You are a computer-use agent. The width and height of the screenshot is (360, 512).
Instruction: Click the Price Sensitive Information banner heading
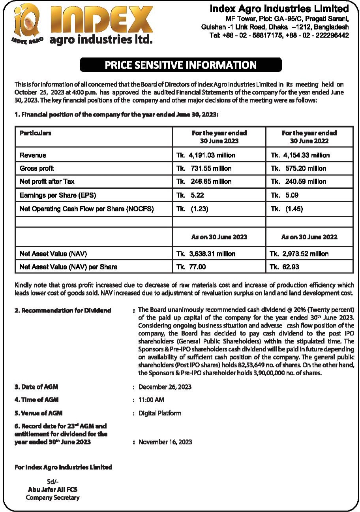pyautogui.click(x=180, y=65)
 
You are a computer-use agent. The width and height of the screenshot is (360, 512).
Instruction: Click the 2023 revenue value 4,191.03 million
pyautogui.click(x=206, y=155)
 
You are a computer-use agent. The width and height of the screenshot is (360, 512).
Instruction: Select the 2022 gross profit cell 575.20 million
pyautogui.click(x=298, y=169)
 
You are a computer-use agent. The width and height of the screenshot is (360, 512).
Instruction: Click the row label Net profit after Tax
pyautogui.click(x=47, y=182)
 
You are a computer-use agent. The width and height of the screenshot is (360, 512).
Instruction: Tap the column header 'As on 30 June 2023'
pyautogui.click(x=219, y=237)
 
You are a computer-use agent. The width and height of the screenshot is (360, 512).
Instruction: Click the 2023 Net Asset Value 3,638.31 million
pyautogui.click(x=206, y=254)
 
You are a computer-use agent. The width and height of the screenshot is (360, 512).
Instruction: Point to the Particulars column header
pyautogui.click(x=36, y=133)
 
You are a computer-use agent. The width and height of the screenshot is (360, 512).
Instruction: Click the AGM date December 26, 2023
pyautogui.click(x=165, y=387)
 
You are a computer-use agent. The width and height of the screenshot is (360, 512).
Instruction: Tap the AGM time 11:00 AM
pyautogui.click(x=151, y=400)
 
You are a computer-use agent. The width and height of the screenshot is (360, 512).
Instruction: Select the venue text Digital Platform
pyautogui.click(x=160, y=413)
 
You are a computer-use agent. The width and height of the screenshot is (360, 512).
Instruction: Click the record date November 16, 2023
pyautogui.click(x=165, y=442)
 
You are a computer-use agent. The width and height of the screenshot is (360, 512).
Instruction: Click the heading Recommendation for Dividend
pyautogui.click(x=63, y=311)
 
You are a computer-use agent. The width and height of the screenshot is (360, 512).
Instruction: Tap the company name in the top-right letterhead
pyautogui.click(x=279, y=8)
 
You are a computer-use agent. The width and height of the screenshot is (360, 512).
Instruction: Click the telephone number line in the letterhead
pyautogui.click(x=279, y=35)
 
